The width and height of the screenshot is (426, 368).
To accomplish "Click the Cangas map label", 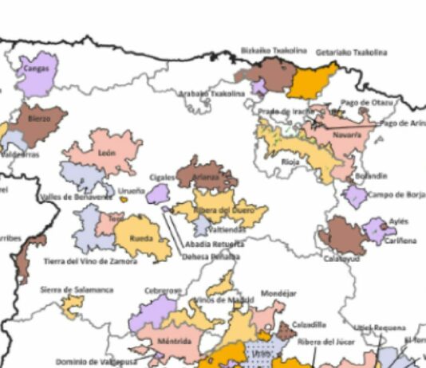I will [37, 69].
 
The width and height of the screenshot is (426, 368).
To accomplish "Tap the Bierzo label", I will [40, 119].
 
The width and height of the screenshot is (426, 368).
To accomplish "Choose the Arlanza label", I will [205, 178].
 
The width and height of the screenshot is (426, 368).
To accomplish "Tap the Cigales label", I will [162, 178].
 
